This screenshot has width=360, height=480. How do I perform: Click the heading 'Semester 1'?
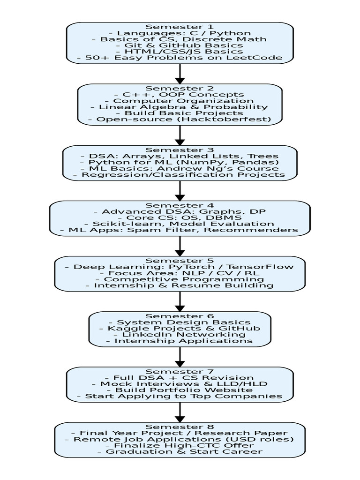(180, 27)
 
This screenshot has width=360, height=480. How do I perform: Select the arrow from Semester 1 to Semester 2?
(180, 74)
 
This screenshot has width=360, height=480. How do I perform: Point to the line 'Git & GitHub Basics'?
(180, 45)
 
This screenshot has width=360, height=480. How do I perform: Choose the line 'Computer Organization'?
(180, 101)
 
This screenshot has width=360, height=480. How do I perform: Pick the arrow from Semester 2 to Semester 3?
(180, 135)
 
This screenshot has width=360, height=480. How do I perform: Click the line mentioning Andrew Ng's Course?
(180, 168)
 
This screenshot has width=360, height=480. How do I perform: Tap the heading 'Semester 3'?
(180, 150)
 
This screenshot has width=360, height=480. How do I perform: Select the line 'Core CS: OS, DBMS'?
(180, 217)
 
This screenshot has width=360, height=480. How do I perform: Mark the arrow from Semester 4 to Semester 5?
(180, 246)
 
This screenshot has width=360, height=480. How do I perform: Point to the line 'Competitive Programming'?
(180, 279)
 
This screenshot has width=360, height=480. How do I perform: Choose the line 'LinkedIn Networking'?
(180, 335)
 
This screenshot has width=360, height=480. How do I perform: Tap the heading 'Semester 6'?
(180, 316)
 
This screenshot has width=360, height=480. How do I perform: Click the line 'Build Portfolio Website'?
(180, 390)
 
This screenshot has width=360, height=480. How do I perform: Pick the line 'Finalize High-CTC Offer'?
(180, 445)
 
